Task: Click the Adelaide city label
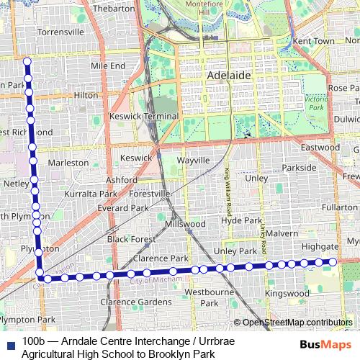[x=229, y=75]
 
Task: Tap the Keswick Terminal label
[x=143, y=117]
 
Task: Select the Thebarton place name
[x=114, y=9]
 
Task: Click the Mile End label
[x=108, y=66]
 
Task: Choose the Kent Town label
[x=314, y=42]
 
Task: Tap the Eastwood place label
[x=320, y=148]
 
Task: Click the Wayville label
[x=193, y=160]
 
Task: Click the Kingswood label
[x=287, y=294]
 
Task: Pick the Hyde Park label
[x=241, y=220]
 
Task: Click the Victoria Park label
[x=315, y=102]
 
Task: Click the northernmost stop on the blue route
[x=27, y=61]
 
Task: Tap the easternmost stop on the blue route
[x=333, y=262]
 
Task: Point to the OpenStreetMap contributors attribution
[x=297, y=322]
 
